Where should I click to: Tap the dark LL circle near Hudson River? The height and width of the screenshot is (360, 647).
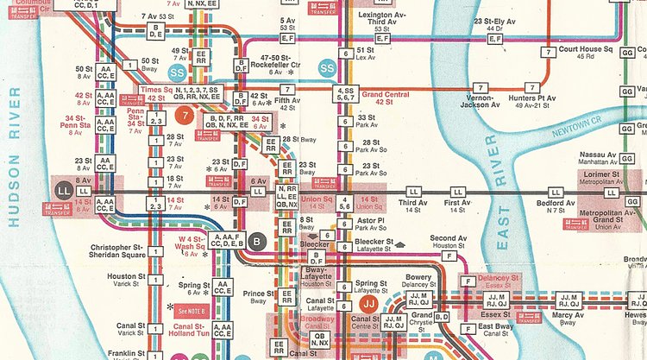coord(63,189)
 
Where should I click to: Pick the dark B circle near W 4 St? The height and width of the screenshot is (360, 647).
coord(256,240)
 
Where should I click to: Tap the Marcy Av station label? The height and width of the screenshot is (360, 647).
coord(568,317)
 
